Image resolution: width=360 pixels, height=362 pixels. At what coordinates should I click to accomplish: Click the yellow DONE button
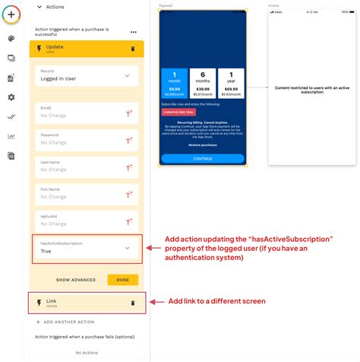123,280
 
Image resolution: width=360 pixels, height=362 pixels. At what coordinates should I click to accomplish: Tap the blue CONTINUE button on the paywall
203,159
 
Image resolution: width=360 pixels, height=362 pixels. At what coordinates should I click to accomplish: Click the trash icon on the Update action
133,48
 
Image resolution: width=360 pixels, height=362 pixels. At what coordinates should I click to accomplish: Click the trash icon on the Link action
133,303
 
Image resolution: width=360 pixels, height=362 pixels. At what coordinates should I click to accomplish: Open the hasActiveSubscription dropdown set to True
85,247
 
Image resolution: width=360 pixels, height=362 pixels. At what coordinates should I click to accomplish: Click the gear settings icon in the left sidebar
11,97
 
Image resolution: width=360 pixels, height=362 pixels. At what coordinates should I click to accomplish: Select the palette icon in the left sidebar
11,38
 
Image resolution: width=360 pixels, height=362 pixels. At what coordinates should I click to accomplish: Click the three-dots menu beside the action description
134,32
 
